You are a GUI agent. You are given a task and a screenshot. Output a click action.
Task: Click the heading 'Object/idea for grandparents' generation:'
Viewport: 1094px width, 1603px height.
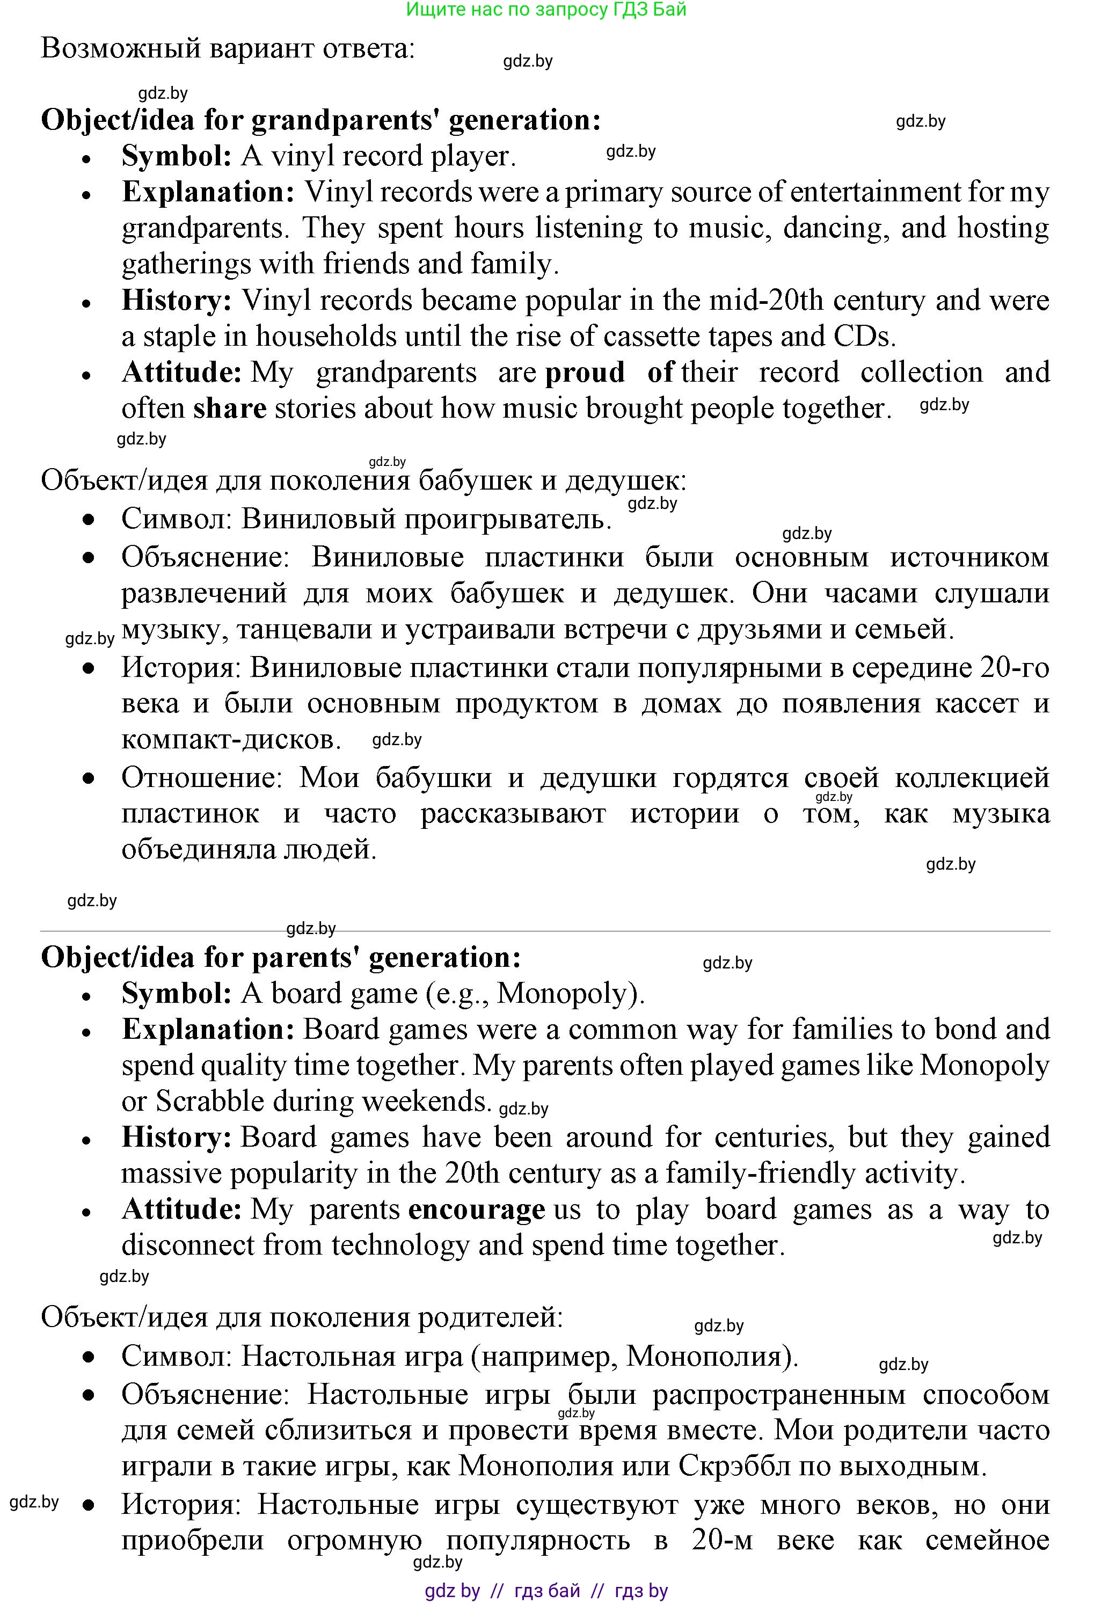[321, 120]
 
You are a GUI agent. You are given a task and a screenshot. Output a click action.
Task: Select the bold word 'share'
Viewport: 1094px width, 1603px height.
[230, 409]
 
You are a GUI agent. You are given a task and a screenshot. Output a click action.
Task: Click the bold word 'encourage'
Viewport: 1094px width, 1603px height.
[477, 1210]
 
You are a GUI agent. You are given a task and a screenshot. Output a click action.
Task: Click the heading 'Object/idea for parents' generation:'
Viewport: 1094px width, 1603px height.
[281, 957]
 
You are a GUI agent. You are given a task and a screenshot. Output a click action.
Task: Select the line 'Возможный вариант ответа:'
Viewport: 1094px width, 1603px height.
[228, 48]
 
